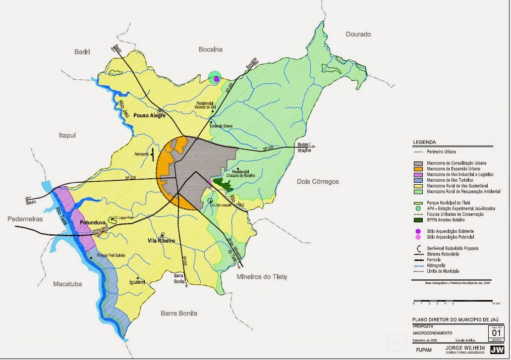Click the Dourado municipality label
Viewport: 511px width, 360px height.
(x=358, y=34)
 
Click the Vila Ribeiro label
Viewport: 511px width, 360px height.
(x=162, y=241)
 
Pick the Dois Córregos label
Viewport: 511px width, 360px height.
(x=317, y=182)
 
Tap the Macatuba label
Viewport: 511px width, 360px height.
(x=67, y=284)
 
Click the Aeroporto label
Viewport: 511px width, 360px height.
(x=141, y=154)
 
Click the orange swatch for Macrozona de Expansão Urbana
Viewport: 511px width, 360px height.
(x=418, y=168)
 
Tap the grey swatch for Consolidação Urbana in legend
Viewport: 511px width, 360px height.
(x=418, y=163)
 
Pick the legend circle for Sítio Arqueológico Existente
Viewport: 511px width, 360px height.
(x=418, y=231)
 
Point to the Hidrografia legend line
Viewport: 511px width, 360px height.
(x=418, y=266)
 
